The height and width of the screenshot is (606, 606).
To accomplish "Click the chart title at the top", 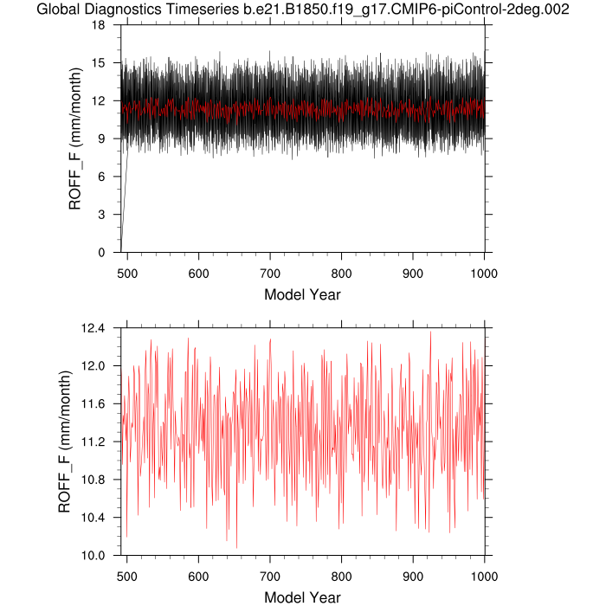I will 304,10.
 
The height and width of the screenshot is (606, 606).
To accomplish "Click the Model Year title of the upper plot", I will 302,294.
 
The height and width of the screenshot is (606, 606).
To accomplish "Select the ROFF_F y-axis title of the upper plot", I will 75,139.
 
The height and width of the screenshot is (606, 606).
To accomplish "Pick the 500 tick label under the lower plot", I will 127,574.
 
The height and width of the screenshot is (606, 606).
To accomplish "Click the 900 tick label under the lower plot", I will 413,574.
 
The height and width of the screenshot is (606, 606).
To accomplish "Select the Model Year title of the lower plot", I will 302,597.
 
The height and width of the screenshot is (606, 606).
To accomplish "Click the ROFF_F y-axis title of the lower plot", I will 64,442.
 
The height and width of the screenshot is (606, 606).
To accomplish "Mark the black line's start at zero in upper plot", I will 121,251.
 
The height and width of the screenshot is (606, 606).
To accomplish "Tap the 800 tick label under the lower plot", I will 341,574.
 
